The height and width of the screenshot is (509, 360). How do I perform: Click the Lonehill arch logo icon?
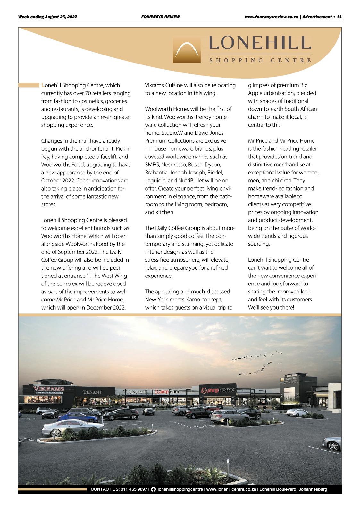click(187, 49)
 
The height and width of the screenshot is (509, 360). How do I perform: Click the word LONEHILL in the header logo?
click(260, 43)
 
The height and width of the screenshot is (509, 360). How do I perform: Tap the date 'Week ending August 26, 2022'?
click(48, 17)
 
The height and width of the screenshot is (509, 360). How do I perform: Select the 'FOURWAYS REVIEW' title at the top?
click(160, 17)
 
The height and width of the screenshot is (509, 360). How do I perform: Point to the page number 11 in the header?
click(339, 17)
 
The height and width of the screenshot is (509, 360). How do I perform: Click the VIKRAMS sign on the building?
click(49, 389)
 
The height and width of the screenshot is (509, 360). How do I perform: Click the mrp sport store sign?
click(168, 392)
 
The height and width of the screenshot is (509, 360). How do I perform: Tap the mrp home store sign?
click(217, 390)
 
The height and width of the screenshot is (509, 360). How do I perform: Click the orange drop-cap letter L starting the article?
click(43, 85)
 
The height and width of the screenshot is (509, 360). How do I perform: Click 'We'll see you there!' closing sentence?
click(271, 308)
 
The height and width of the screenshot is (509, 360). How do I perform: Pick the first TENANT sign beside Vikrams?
click(93, 392)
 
